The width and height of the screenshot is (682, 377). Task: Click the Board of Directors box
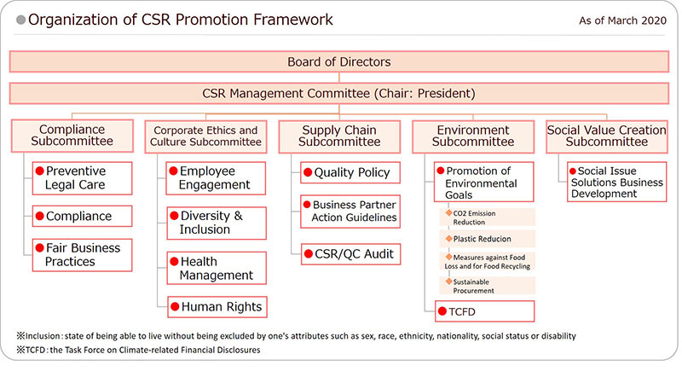(x=339, y=61)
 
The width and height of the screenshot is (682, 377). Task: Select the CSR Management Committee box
(x=339, y=93)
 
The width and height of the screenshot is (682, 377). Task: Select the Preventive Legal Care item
(x=83, y=177)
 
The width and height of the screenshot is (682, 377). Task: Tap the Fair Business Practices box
(x=83, y=254)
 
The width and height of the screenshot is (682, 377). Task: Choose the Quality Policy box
(x=349, y=172)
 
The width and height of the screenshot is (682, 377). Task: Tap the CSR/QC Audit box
(x=349, y=253)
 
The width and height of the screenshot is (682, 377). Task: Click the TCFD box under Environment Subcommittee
(x=483, y=311)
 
